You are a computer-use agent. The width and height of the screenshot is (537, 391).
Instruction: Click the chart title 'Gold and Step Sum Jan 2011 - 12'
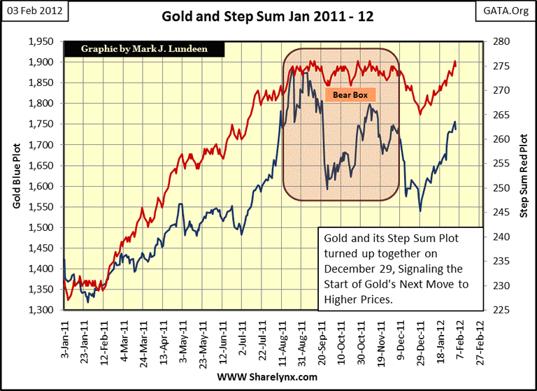(268, 16)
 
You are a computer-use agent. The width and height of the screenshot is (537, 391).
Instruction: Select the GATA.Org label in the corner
(508, 11)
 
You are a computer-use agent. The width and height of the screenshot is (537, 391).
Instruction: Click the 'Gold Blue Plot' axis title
(16, 176)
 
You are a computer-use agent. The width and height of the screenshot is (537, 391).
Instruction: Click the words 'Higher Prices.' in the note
(357, 300)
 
